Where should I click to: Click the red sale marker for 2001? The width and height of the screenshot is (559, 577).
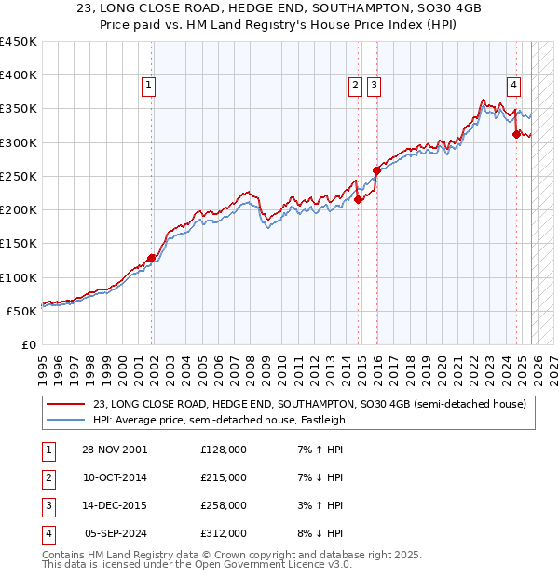click(151, 259)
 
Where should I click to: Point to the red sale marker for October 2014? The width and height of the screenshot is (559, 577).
click(358, 199)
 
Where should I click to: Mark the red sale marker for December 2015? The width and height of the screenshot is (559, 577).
click(376, 170)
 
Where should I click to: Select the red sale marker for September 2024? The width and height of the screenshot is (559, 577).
click(517, 134)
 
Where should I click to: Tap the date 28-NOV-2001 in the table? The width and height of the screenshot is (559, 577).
click(115, 450)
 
